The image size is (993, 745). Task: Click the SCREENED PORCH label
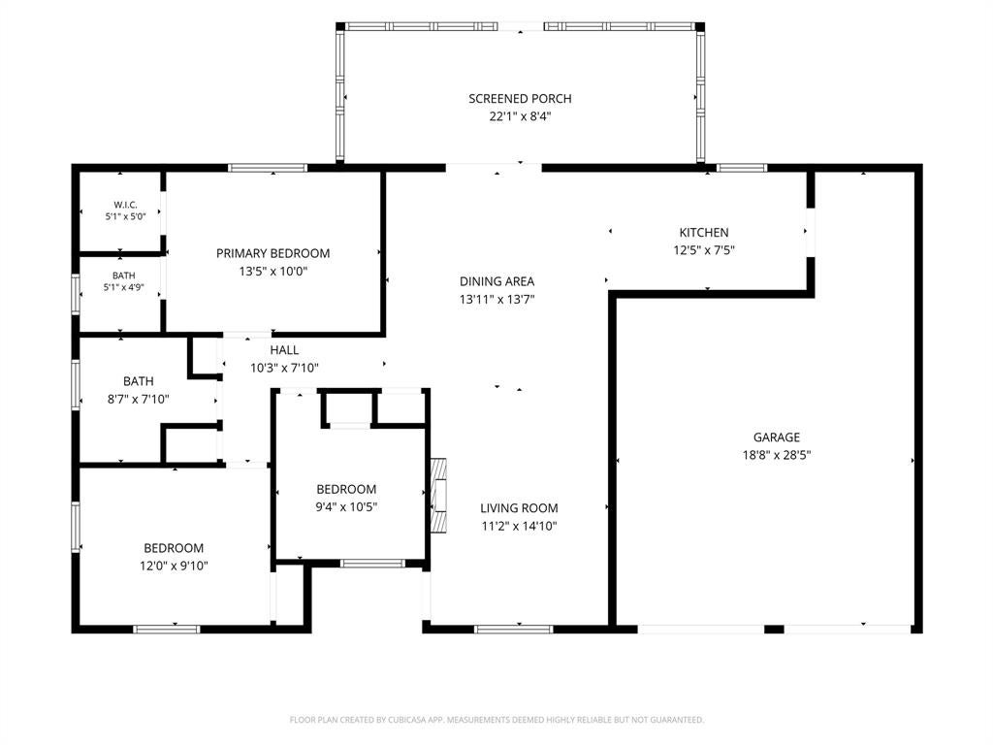point(520,99)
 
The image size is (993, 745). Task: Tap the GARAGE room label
point(777,437)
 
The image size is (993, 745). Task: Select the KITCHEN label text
point(704,233)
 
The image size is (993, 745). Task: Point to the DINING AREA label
point(497,281)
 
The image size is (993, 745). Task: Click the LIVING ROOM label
point(519,508)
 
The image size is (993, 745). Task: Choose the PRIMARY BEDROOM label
point(272,253)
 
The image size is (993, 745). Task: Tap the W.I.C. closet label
point(125,205)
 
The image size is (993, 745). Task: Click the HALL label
point(284,349)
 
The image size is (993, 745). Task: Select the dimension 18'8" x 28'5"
point(777,455)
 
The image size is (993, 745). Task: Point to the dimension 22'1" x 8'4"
point(520,116)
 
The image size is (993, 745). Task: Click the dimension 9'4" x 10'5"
point(346,506)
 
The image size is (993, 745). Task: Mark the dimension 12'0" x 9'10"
point(174,566)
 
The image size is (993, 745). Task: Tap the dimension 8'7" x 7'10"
point(138,399)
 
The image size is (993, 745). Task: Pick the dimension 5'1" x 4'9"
point(123,287)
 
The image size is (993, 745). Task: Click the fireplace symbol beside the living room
point(438,496)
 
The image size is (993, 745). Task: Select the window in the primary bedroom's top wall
point(268,168)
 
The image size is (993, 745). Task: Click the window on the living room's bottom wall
point(513,629)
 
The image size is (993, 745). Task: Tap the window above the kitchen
point(742,168)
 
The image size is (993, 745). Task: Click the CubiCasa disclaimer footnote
point(496,720)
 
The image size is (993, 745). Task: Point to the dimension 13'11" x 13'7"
point(497,299)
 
